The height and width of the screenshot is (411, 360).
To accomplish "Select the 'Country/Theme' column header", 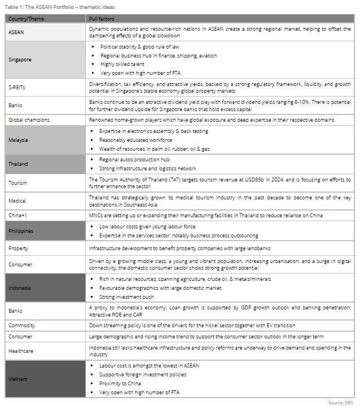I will [x=25, y=19].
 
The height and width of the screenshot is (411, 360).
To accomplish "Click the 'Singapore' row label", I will [x=21, y=60].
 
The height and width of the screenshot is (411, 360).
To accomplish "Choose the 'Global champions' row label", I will [x=29, y=120].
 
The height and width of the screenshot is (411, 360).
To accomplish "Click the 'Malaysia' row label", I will [x=18, y=140].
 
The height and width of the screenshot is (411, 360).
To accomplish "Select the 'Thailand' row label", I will [x=18, y=164].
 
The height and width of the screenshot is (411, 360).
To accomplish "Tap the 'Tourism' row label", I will [x=18, y=183].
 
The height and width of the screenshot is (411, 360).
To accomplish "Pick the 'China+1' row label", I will [x=18, y=216].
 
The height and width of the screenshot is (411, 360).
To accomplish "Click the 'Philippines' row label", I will [x=21, y=231].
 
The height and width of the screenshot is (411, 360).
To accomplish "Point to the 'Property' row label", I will [x=18, y=248].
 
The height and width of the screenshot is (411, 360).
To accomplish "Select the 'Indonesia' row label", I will [x=20, y=288].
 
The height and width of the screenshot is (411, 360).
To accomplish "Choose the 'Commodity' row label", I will [x=22, y=325].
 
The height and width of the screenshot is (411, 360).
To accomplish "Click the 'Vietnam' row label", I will [x=18, y=379].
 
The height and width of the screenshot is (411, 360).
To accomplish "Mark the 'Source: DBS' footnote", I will [x=340, y=403].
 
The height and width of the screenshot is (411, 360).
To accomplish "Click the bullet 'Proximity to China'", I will [x=123, y=384].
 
